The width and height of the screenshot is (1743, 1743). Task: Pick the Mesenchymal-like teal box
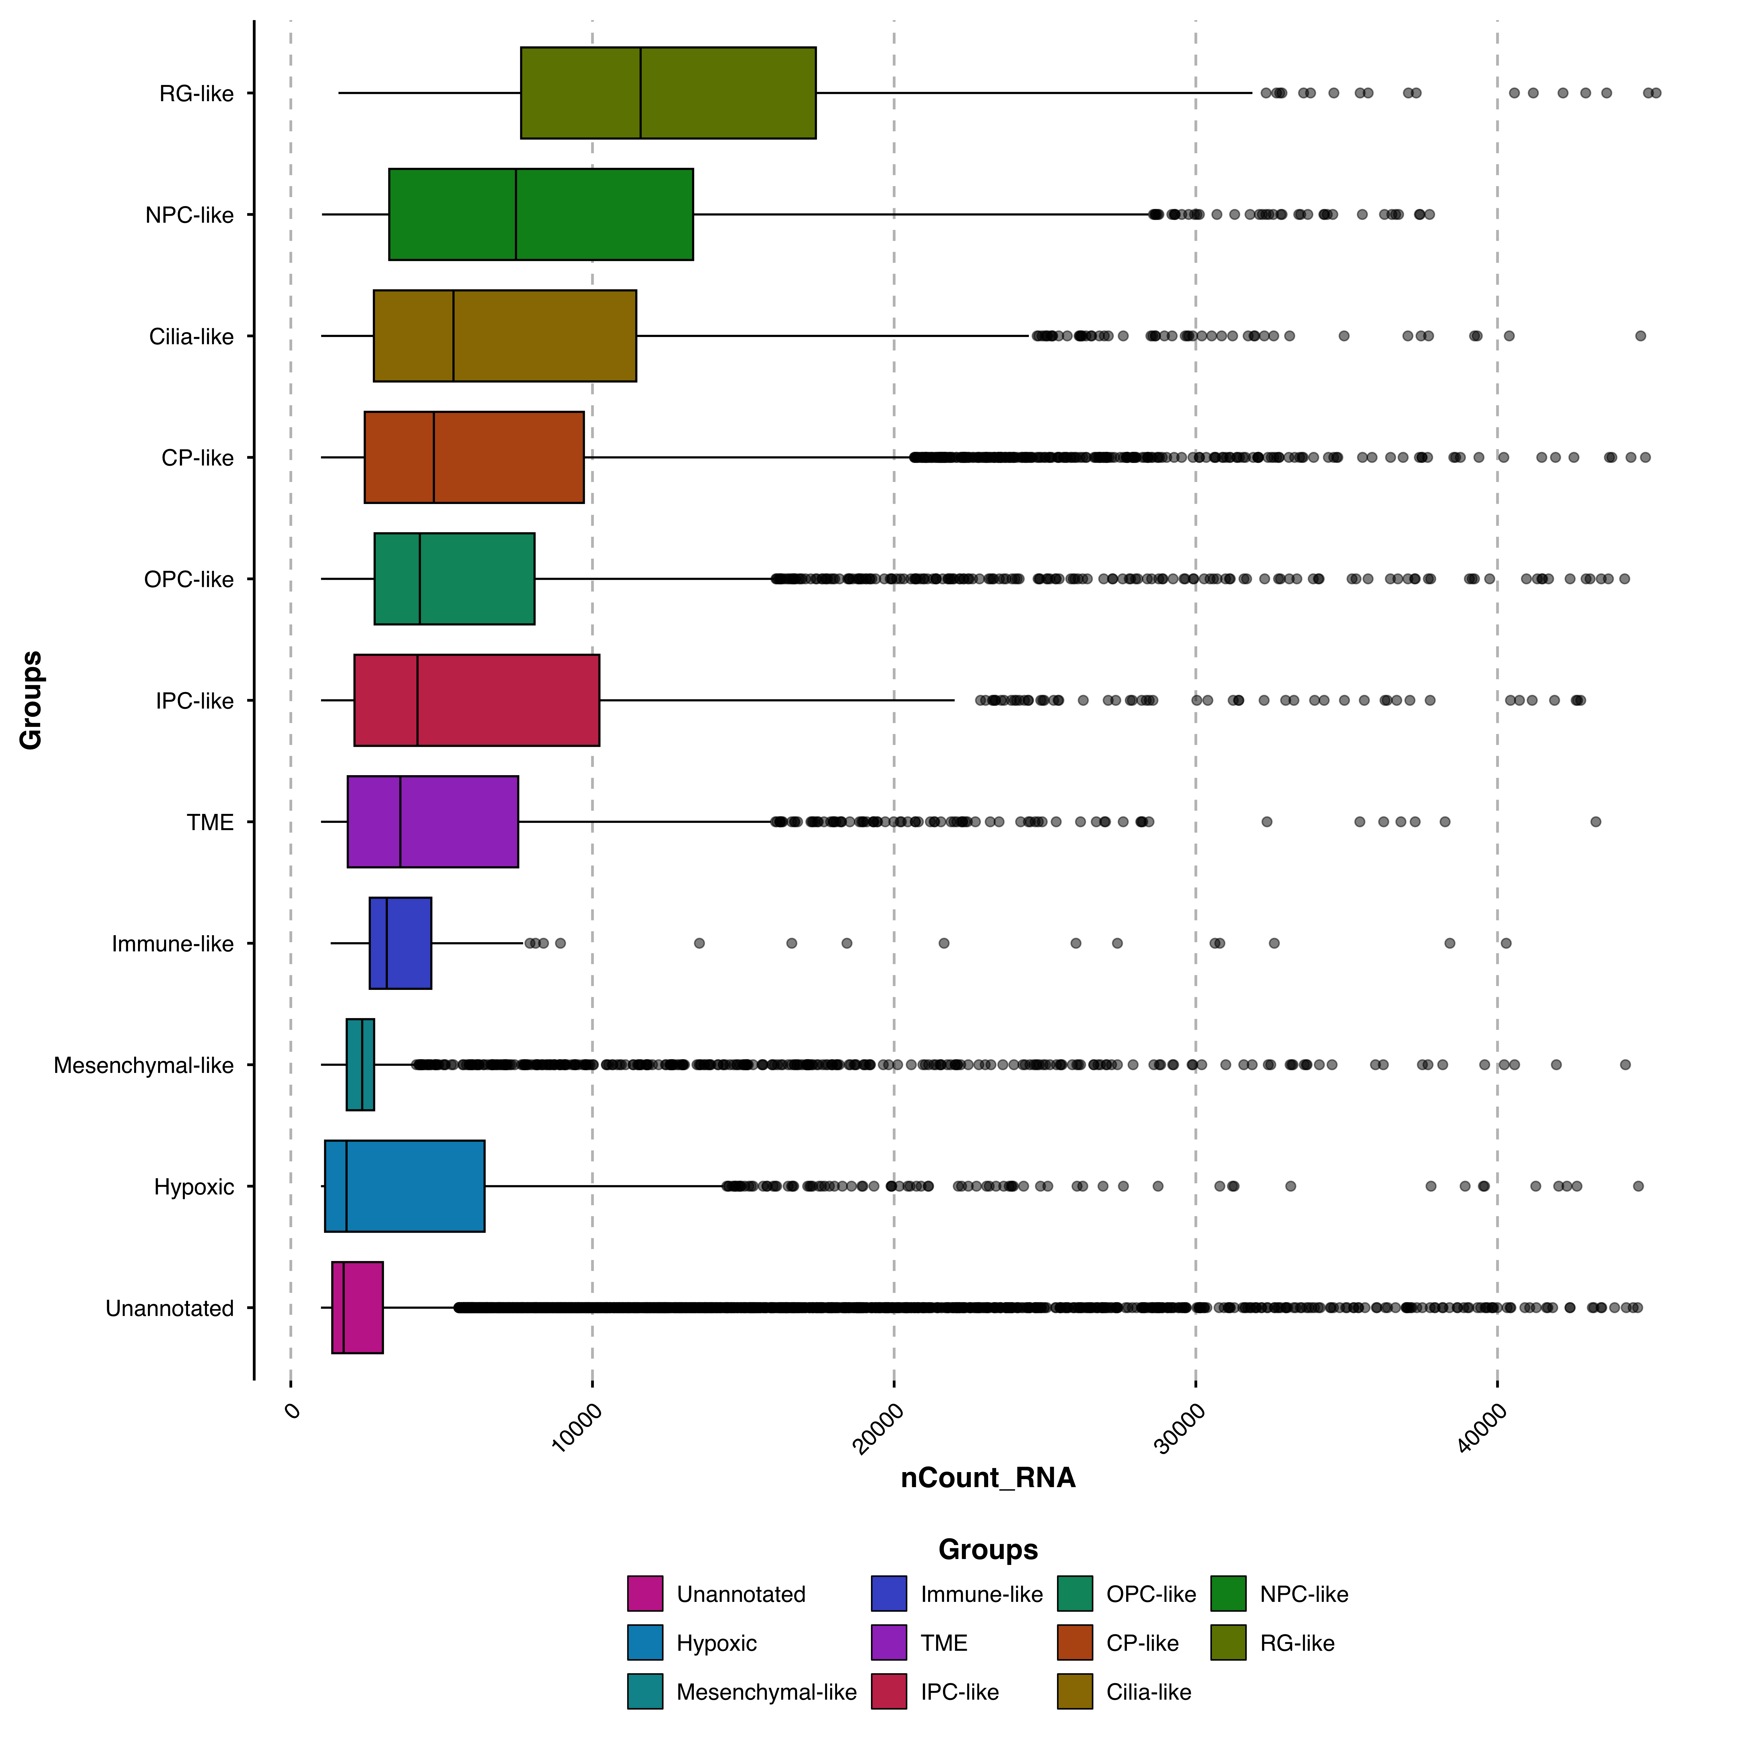click(x=360, y=1065)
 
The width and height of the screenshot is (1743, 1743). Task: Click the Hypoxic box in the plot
click(x=404, y=1186)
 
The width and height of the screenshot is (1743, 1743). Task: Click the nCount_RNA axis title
click(x=988, y=1478)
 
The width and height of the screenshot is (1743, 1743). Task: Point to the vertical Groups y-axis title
click(x=31, y=700)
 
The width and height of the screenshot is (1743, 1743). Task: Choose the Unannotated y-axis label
click(x=170, y=1308)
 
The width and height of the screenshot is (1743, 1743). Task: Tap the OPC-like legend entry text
click(x=1150, y=1594)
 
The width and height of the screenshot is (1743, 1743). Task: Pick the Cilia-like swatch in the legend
click(x=1075, y=1692)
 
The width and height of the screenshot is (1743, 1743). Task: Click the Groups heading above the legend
click(x=988, y=1549)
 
